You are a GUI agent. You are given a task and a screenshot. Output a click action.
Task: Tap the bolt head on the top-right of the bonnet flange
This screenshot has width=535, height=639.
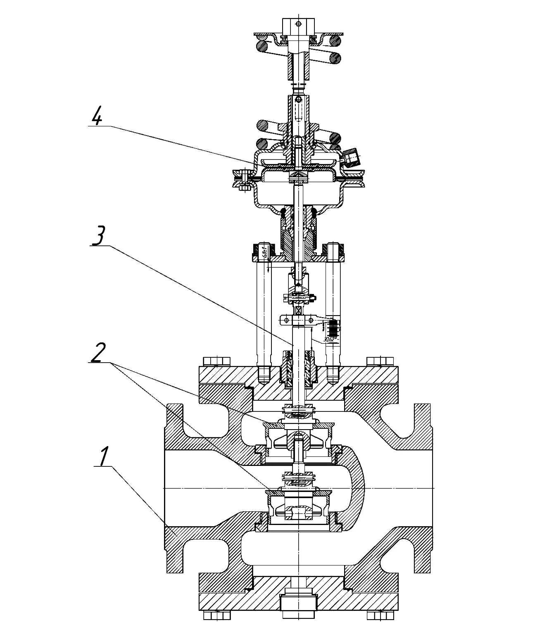pos(380,361)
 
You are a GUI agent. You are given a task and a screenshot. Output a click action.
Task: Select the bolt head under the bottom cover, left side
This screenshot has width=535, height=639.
pos(216,627)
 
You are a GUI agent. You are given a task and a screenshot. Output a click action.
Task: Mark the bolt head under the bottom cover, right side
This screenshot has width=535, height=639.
pos(380,627)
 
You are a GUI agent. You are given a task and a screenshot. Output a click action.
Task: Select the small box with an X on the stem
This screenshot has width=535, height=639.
pos(298,310)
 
